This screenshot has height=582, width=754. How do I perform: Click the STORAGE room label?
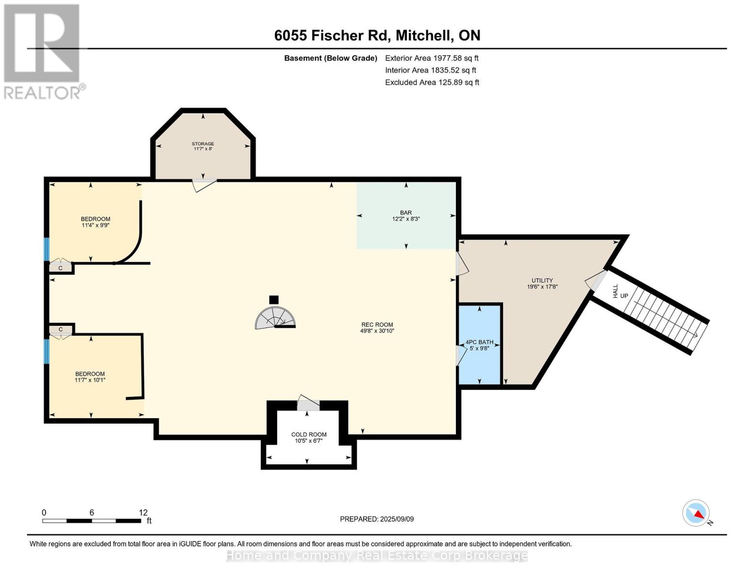pos(202,144)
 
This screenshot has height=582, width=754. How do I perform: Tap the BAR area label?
pos(405,212)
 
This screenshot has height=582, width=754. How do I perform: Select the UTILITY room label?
pos(542,280)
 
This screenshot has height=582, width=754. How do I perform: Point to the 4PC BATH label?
pos(479,342)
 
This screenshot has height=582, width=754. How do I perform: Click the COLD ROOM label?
pos(309,435)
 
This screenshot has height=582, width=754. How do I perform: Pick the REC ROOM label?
pos(377,324)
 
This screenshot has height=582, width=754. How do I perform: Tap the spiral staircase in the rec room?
pos(275,318)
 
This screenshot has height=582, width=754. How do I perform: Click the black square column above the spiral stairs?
pos(274,300)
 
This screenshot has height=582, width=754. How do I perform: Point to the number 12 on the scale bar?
pos(143,512)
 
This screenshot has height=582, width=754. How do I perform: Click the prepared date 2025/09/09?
pos(397,519)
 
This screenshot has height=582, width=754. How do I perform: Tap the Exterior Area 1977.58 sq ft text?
pos(432,58)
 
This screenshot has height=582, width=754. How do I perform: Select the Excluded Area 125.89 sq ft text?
pos(432,82)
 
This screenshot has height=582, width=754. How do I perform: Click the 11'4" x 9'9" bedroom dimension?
pos(96,226)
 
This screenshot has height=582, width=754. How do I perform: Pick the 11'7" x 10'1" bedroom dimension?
pos(90,380)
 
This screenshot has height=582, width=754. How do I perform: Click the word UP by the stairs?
pos(624,296)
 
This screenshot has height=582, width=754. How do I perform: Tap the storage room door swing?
pos(205,185)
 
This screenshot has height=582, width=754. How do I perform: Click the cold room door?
pos(308,403)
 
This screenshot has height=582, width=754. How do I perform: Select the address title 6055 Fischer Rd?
pos(332,35)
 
